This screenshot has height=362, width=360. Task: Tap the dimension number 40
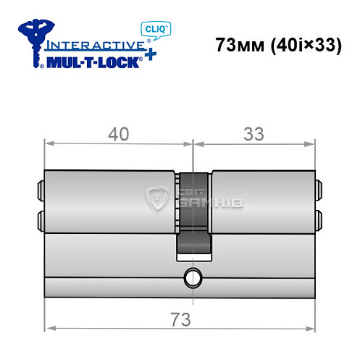click(x=117, y=133)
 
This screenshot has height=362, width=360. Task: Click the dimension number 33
click(x=253, y=133)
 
